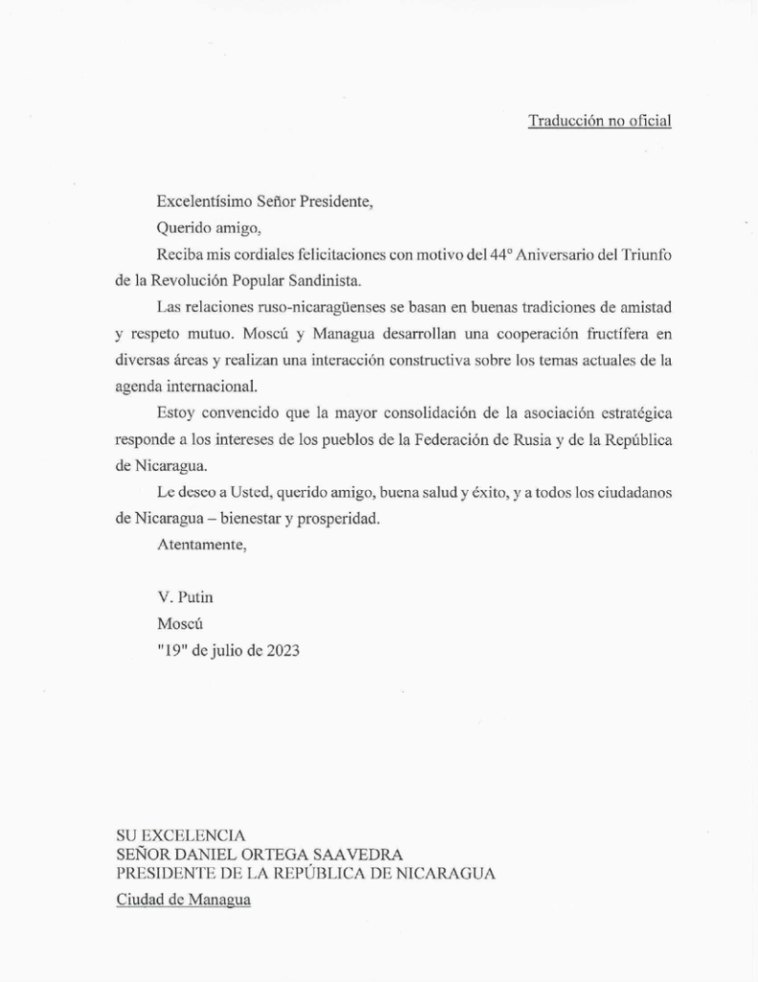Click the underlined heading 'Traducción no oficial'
click(599, 121)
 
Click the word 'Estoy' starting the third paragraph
click(175, 412)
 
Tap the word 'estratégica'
click(625, 412)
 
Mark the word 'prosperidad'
click(338, 518)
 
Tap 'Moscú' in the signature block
click(179, 624)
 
